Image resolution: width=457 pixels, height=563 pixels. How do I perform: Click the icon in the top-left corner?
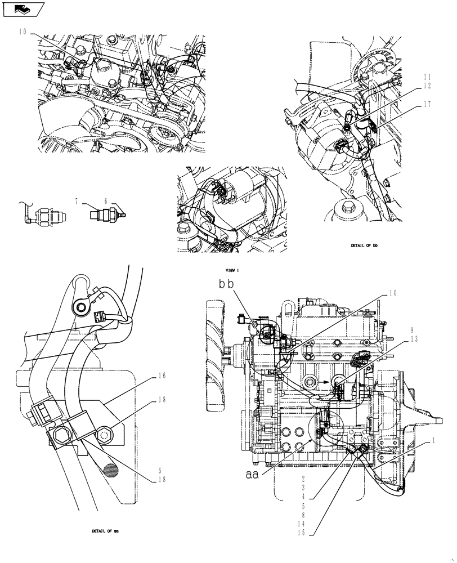coord(22,9)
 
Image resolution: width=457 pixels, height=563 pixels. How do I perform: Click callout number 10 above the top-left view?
coord(23,32)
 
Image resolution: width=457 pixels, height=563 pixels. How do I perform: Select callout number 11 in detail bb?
coord(427,77)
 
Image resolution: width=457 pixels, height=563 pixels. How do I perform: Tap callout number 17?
coord(427,104)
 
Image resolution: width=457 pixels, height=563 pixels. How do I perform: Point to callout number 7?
coord(76,200)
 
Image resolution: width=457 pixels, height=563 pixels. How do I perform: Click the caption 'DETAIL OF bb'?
coord(363,246)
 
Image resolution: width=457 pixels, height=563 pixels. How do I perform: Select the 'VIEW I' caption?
coord(232,271)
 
